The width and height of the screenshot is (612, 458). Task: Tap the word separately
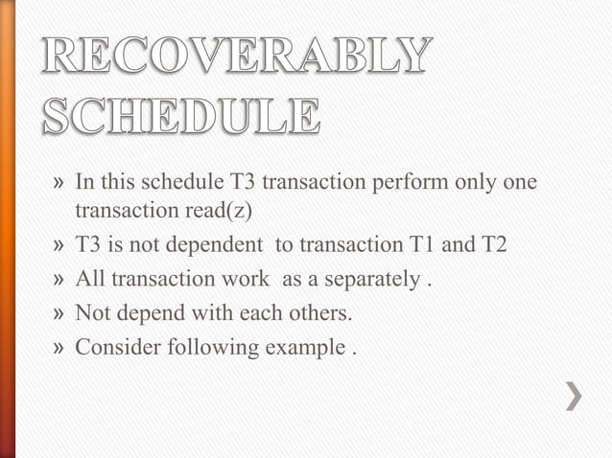[362, 279]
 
